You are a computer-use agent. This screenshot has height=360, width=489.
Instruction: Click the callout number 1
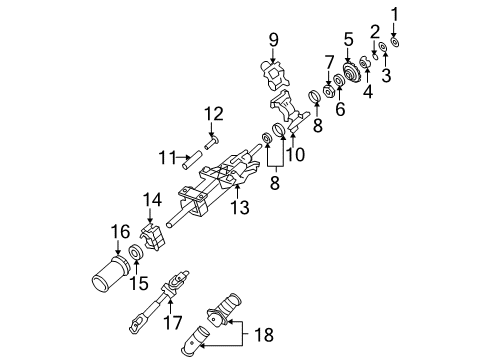point(394,13)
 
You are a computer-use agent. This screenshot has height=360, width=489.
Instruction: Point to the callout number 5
point(348,39)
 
